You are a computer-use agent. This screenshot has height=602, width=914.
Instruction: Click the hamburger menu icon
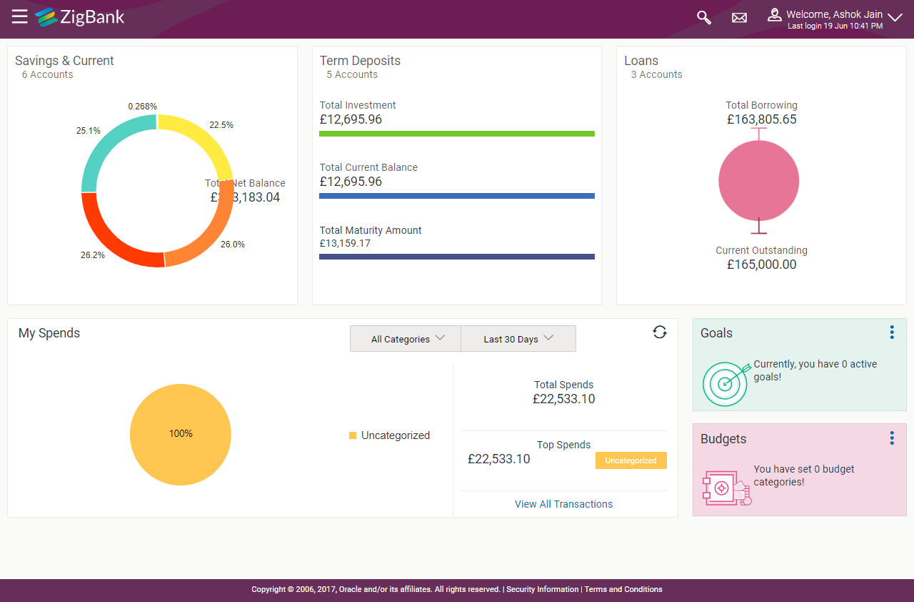[x=19, y=16]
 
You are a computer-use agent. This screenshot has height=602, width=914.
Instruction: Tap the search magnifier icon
[x=704, y=17]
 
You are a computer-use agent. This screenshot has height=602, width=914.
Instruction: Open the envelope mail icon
[x=739, y=17]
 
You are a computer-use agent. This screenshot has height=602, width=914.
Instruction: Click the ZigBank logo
[x=80, y=16]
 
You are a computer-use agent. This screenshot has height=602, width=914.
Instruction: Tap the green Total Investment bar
[x=456, y=134]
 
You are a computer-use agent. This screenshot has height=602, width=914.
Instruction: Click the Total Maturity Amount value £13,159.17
[x=355, y=243]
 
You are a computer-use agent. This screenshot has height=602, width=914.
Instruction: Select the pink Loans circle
[x=758, y=180]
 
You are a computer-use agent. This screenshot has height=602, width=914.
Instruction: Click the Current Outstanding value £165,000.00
[x=761, y=265]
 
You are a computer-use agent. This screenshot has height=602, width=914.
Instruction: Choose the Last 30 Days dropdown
[x=518, y=339]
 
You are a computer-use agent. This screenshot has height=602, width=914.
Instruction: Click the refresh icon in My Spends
[x=660, y=332]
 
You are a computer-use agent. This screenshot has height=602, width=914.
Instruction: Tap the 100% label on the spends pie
[x=181, y=433]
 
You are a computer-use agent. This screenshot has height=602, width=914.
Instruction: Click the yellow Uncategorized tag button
[x=631, y=460]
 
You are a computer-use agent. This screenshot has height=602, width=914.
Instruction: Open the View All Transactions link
[x=563, y=504]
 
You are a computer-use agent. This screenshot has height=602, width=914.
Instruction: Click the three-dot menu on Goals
[x=892, y=332]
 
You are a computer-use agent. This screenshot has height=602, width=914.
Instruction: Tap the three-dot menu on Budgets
[x=892, y=438]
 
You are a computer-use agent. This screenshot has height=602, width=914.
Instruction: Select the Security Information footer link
[x=542, y=590]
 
